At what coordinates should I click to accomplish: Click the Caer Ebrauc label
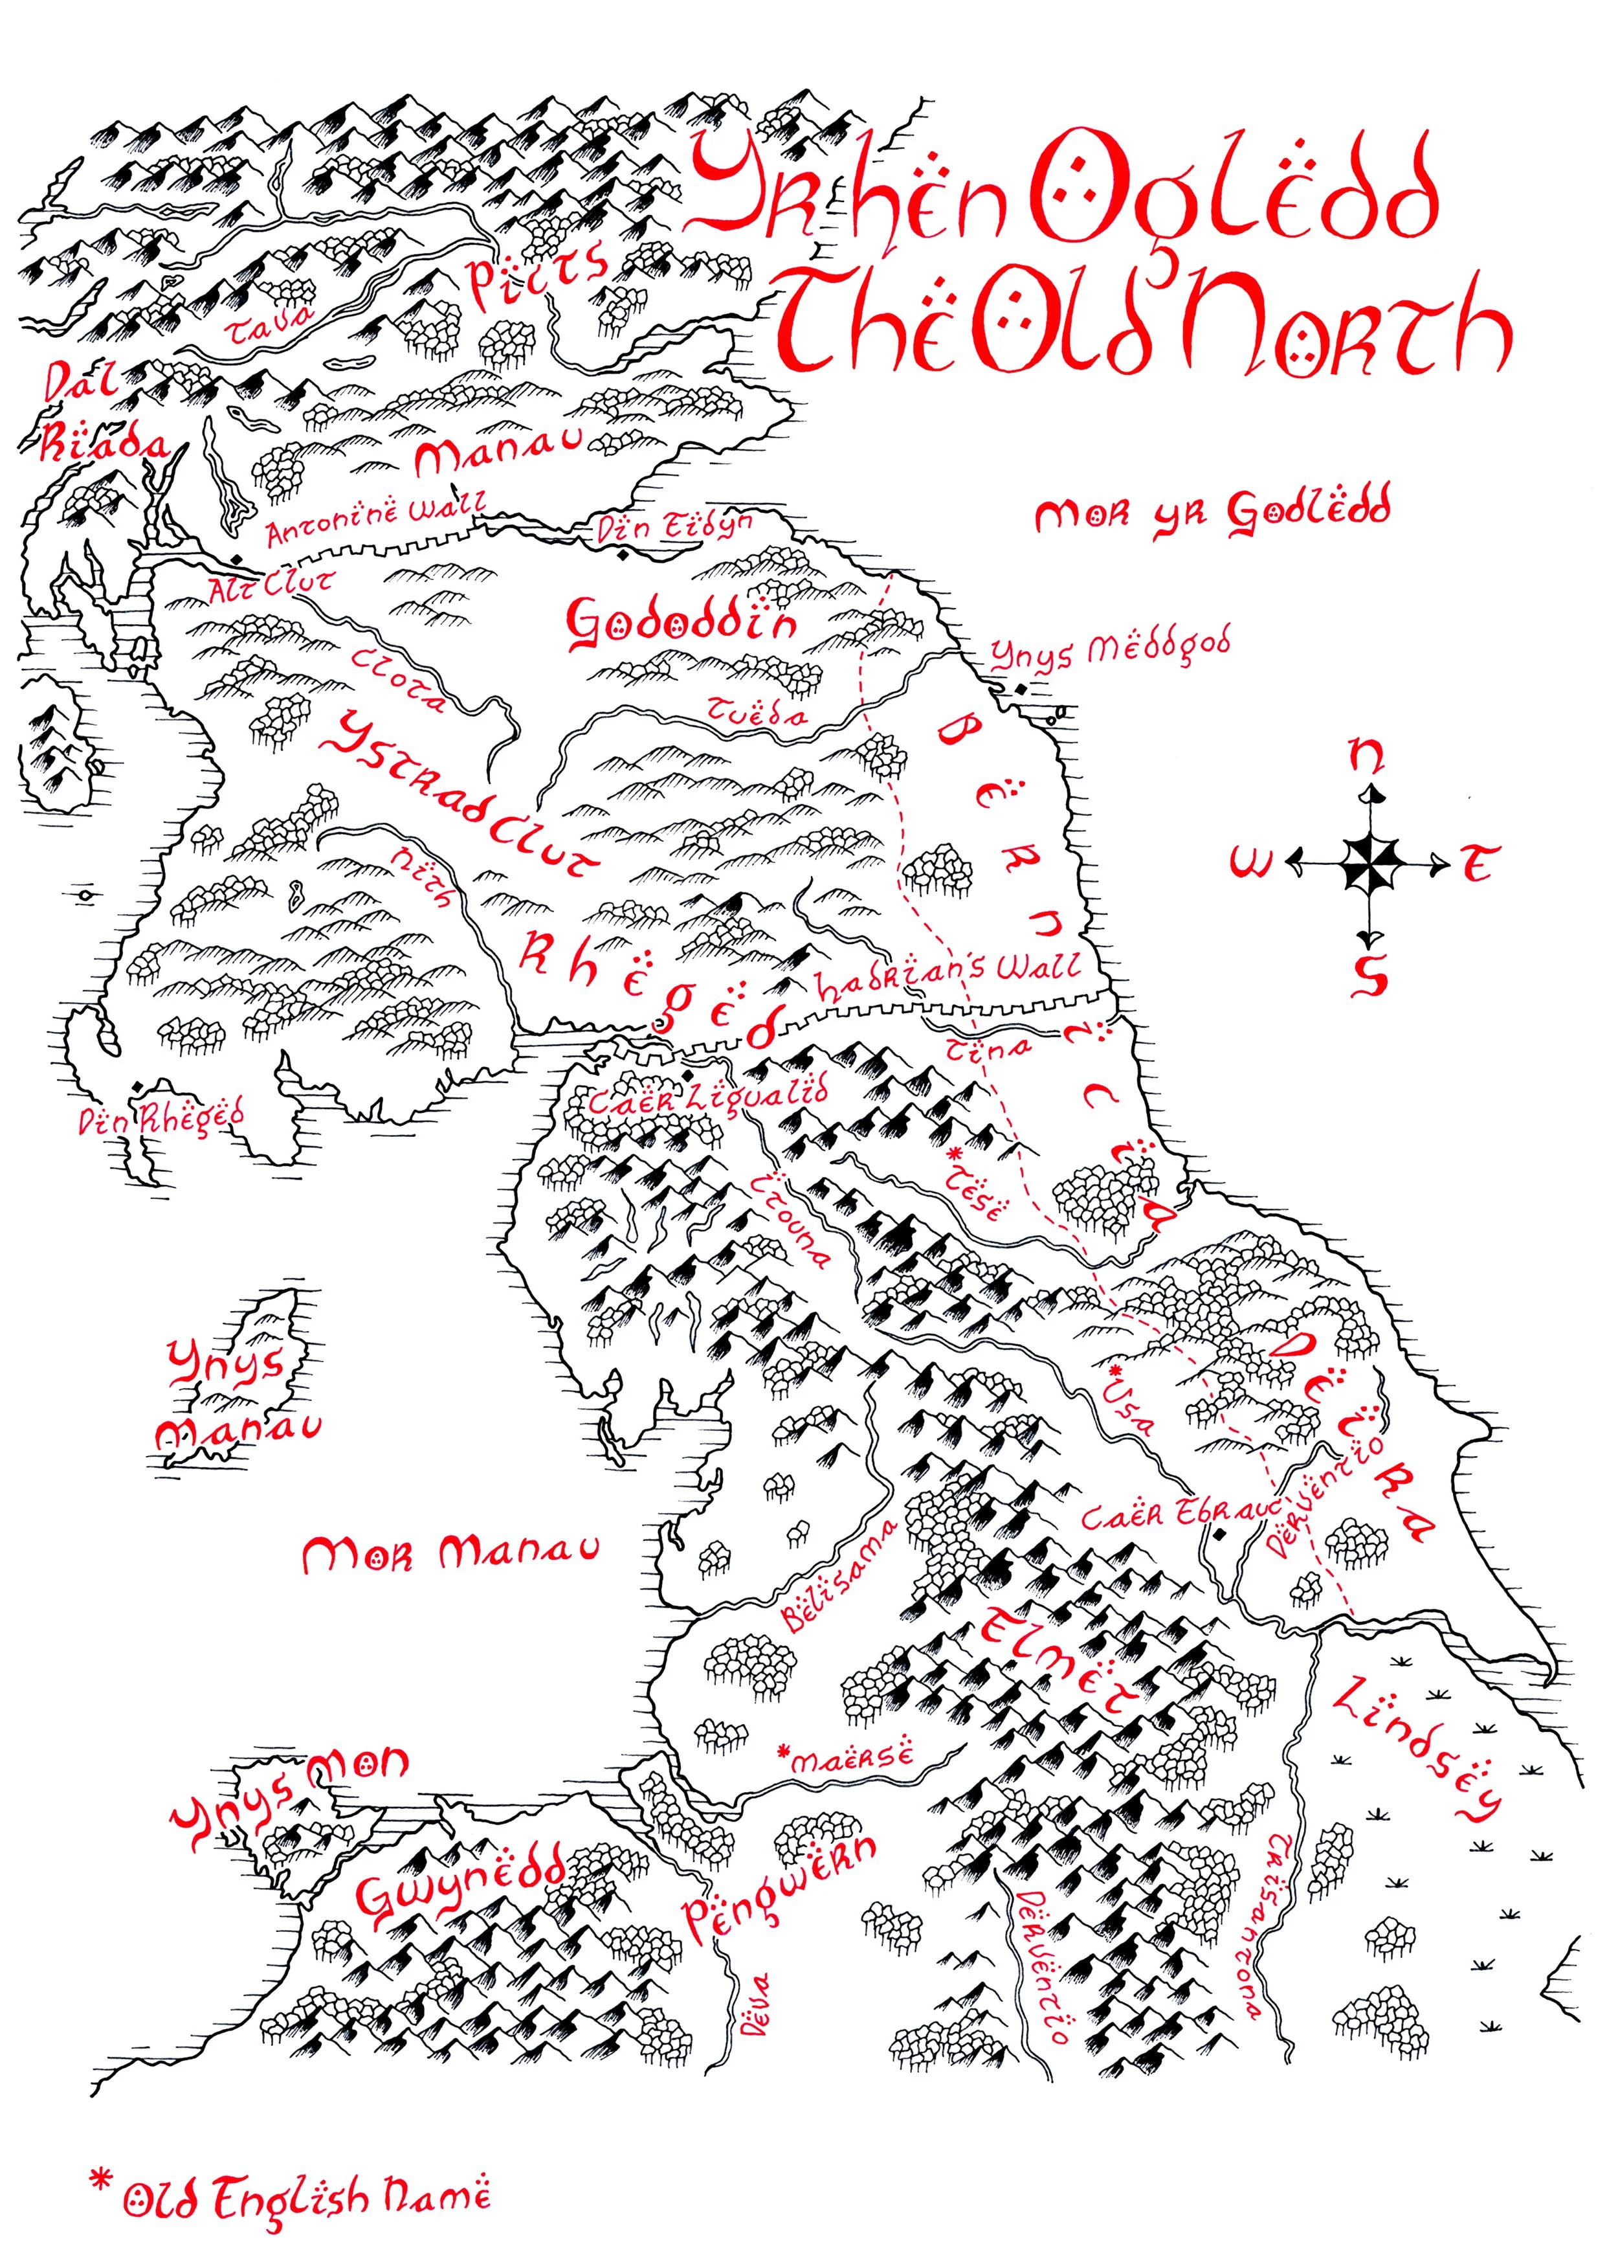1180,1514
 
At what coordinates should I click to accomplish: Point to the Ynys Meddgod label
1110,649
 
